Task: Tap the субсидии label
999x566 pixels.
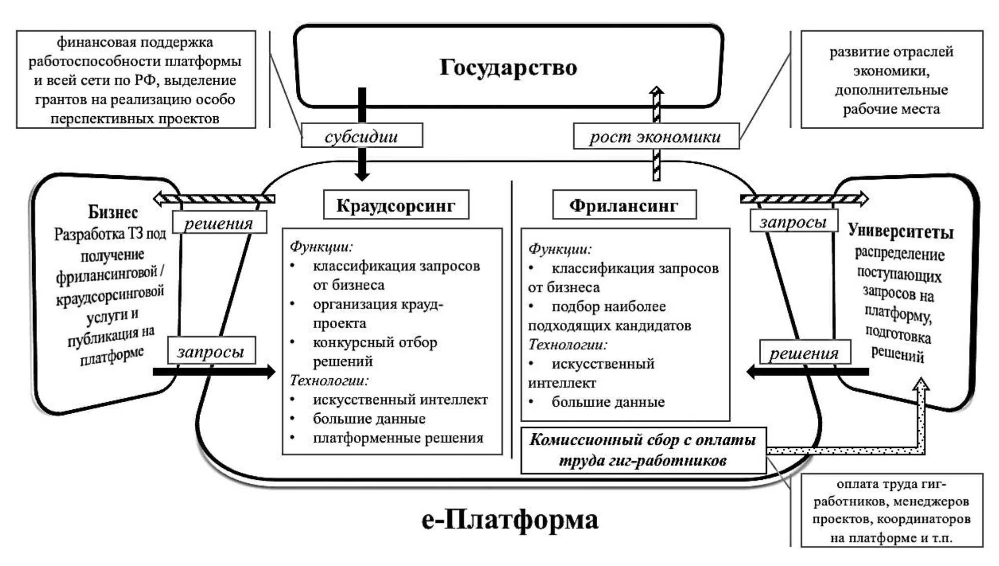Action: [x=361, y=136]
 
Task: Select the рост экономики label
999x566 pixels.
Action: [x=655, y=136]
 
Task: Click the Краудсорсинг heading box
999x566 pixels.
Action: [x=396, y=205]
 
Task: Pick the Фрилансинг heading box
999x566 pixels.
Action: [x=624, y=205]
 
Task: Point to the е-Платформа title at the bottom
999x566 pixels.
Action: [x=510, y=519]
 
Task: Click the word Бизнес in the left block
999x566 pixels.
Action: [x=113, y=212]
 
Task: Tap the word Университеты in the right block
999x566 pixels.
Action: [x=900, y=232]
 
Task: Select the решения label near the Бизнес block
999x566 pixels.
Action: [x=219, y=223]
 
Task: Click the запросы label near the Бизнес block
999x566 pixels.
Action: [x=211, y=351]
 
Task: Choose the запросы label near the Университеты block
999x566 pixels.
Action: [x=793, y=221]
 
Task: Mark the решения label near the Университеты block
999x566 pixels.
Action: [x=804, y=353]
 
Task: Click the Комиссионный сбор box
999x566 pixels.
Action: [x=643, y=450]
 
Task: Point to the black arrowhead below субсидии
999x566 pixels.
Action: [x=362, y=176]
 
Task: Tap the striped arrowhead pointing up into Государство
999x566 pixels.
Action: [x=656, y=91]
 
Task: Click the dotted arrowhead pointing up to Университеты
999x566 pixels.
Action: [x=920, y=385]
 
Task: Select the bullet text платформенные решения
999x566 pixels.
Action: [x=398, y=438]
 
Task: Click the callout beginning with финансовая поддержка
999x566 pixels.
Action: [x=136, y=80]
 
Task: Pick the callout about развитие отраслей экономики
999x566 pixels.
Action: [x=891, y=80]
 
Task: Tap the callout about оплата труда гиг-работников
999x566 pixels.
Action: [x=891, y=510]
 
